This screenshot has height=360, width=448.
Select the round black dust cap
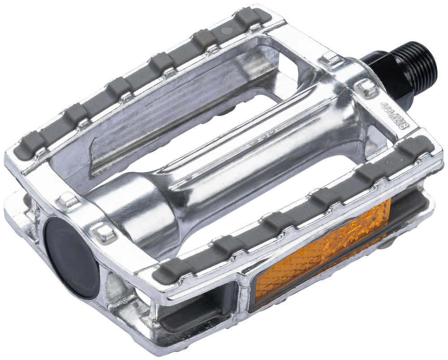click(72, 257)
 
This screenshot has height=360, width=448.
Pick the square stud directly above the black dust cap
click(68, 200)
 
